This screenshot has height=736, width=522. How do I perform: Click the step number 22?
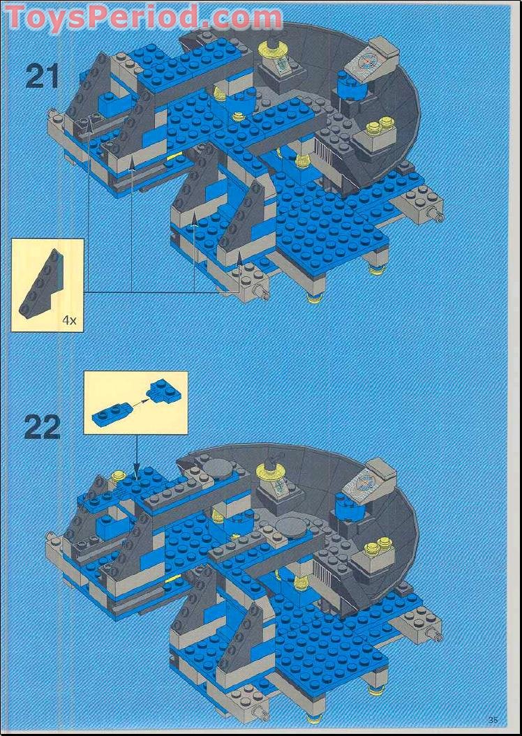coord(42,426)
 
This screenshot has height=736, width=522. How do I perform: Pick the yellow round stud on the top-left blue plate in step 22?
coord(119,476)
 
